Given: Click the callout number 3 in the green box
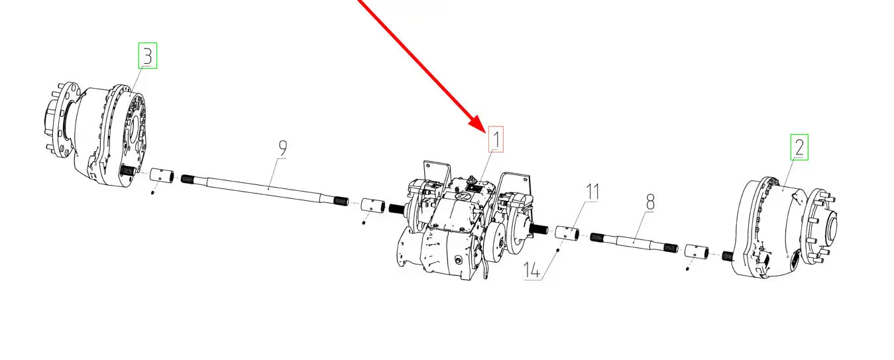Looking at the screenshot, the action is click(x=148, y=56).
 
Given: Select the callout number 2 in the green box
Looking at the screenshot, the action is click(x=799, y=147).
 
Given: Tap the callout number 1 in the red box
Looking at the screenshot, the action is click(x=496, y=139).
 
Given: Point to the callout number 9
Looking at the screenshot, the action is click(x=282, y=149).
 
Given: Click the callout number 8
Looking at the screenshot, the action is click(x=650, y=202).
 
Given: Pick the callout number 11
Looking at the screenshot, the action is click(x=592, y=192).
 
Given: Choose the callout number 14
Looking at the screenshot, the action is click(x=531, y=270).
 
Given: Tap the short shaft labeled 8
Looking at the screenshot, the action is click(x=634, y=242).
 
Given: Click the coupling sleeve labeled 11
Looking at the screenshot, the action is click(x=567, y=233).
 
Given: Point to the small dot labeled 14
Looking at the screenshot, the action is click(x=557, y=250).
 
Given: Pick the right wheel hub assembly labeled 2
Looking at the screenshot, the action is click(x=784, y=227).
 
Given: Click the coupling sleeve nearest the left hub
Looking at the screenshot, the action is click(x=162, y=176).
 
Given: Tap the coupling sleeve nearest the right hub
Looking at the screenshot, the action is click(x=697, y=252).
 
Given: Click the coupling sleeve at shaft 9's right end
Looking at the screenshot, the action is click(x=372, y=206).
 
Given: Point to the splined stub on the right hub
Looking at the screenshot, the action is click(x=728, y=256).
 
